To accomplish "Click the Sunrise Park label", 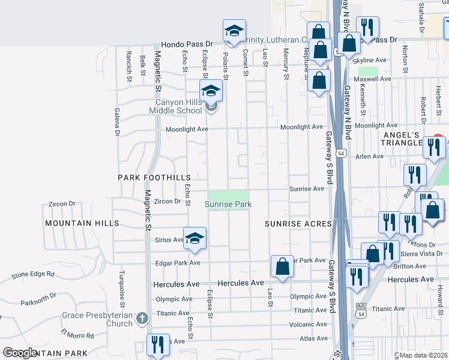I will point(228,205).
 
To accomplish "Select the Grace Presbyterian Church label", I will point(97,319).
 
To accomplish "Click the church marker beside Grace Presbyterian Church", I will point(141,317).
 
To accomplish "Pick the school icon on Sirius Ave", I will point(195,238).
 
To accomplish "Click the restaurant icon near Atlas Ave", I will point(158,345).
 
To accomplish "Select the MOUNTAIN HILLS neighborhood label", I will point(82,223).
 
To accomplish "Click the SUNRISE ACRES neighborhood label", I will point(298,224).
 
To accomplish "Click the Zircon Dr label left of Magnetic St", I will point(62,204).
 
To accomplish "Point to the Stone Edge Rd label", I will point(33,275).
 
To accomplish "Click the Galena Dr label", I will point(118,123).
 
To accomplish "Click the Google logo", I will point(20,353).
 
